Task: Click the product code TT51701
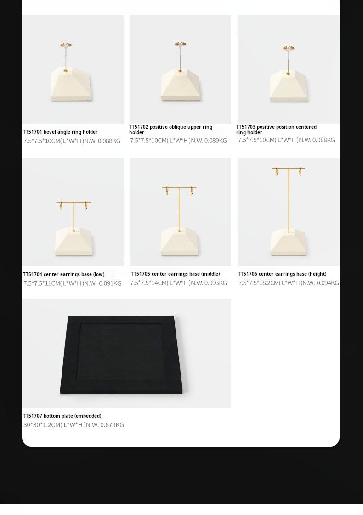coord(33,132)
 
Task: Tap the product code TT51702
coord(139,127)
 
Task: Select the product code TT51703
coord(246,127)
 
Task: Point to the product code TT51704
coord(33,275)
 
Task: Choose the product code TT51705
coord(141,274)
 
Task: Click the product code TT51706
coord(248,274)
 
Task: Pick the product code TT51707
coord(33,416)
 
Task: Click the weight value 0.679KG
coord(112,425)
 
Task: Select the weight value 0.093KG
coord(216,283)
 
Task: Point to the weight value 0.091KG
coord(110,284)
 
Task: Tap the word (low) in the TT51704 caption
coord(99,275)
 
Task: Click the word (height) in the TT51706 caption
coord(317,274)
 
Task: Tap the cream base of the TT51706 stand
coord(289,243)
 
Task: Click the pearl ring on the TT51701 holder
coord(66,45)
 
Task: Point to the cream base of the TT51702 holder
coord(180,85)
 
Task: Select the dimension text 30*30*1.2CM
coord(42,425)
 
